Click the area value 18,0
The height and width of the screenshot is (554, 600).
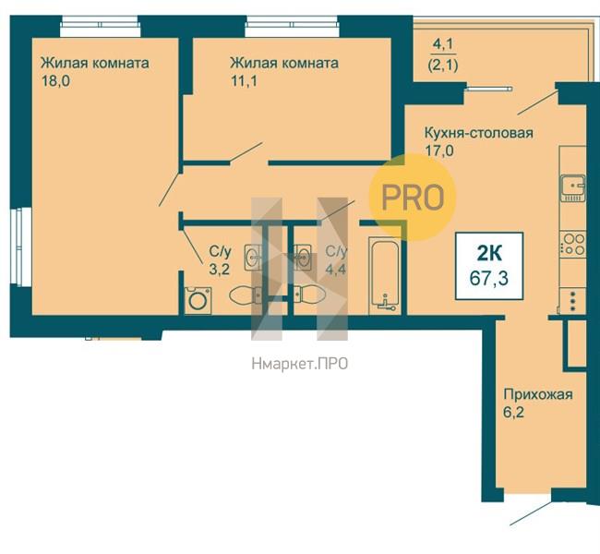(x=56, y=81)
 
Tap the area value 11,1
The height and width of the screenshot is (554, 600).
(x=244, y=81)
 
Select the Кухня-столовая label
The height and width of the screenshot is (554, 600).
(x=479, y=133)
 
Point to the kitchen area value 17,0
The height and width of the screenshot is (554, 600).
(x=439, y=151)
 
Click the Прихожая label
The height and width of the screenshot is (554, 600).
(x=538, y=394)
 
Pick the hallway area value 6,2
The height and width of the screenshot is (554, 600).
(x=513, y=413)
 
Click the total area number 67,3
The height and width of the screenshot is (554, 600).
(x=489, y=278)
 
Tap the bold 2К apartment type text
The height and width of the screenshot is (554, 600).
(x=489, y=253)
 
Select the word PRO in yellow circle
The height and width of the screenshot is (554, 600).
(x=414, y=198)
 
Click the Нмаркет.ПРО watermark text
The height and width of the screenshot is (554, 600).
(x=300, y=364)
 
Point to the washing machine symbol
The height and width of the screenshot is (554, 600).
(x=198, y=300)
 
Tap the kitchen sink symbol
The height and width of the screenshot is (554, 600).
(x=573, y=188)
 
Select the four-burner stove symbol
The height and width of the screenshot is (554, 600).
(x=573, y=245)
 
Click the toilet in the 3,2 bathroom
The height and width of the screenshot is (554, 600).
(x=246, y=295)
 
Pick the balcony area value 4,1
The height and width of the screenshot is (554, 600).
(x=443, y=45)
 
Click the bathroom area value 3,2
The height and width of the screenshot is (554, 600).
(x=220, y=269)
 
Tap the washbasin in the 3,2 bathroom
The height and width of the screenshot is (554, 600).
(x=253, y=257)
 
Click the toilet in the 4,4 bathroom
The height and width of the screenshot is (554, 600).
(x=309, y=295)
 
